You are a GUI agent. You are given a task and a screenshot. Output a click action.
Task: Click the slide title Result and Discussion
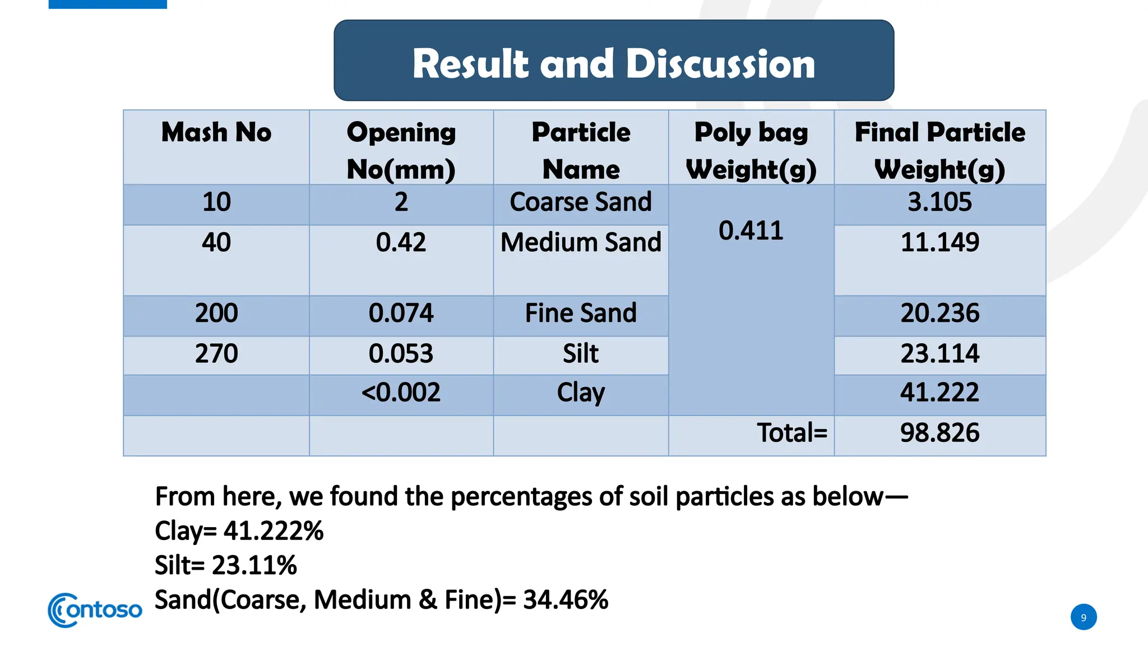tap(613, 63)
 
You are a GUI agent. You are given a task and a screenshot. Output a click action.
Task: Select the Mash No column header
tap(216, 132)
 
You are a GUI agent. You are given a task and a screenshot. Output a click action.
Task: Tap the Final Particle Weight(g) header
tap(939, 150)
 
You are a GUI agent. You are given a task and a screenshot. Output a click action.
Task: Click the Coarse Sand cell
tap(581, 202)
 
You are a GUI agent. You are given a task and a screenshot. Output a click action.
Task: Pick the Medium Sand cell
tap(581, 242)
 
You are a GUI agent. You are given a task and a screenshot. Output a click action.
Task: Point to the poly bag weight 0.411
tap(751, 230)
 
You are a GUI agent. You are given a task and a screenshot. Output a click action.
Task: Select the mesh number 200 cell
tap(216, 313)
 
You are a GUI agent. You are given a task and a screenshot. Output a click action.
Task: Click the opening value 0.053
tap(401, 353)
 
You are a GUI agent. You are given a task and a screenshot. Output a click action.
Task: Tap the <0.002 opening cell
tap(401, 392)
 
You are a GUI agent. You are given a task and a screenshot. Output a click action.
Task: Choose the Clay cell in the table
tap(581, 392)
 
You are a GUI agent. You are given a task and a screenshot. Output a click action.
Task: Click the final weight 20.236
tap(939, 313)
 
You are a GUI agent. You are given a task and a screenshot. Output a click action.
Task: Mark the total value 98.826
tap(939, 433)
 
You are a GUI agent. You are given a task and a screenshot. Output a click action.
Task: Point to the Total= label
tap(791, 433)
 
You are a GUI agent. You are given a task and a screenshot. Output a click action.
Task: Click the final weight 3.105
tap(939, 202)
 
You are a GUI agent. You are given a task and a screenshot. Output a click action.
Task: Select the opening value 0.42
tap(401, 242)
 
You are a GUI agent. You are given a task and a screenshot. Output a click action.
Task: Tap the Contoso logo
tap(95, 610)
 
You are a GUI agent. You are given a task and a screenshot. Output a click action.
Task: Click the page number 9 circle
tap(1084, 617)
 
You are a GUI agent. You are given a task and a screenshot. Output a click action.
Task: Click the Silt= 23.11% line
tap(225, 565)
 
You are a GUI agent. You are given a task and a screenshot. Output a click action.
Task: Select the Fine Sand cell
tap(581, 313)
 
